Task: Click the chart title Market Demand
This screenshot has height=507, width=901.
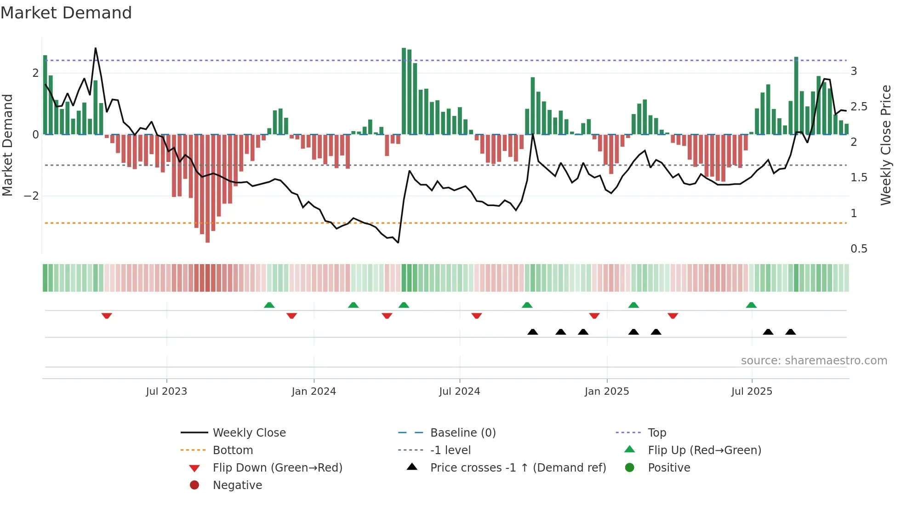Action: tap(66, 13)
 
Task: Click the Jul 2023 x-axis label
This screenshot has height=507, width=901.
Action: tap(166, 392)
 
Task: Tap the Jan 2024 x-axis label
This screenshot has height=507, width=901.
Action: tap(314, 392)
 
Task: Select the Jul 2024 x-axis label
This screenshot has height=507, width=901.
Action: tap(459, 392)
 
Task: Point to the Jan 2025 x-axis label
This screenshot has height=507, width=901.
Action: tap(607, 392)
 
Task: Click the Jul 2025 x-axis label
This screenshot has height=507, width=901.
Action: tap(752, 392)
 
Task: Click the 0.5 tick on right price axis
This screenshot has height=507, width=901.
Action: tap(859, 249)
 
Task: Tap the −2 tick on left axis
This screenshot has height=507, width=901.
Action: tap(31, 196)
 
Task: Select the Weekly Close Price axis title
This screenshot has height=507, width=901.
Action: tap(885, 145)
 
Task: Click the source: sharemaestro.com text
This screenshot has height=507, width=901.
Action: tap(814, 361)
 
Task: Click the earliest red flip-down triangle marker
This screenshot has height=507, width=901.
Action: tap(107, 316)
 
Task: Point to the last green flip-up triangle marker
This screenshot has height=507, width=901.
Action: tap(751, 305)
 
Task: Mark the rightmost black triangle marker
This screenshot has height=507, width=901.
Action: tap(791, 332)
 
